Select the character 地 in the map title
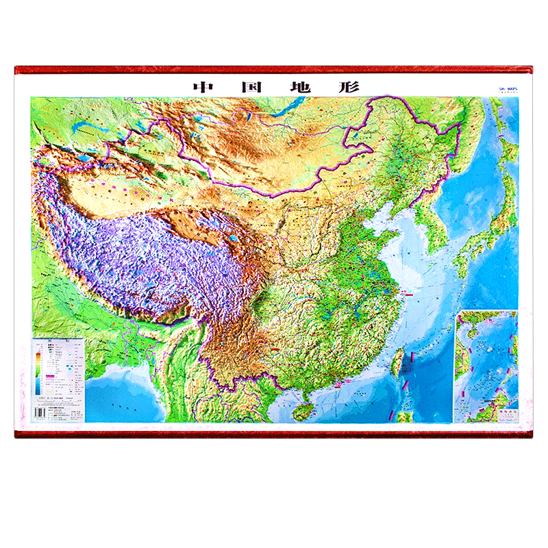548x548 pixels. [298, 88]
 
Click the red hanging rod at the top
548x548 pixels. [274, 70]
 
